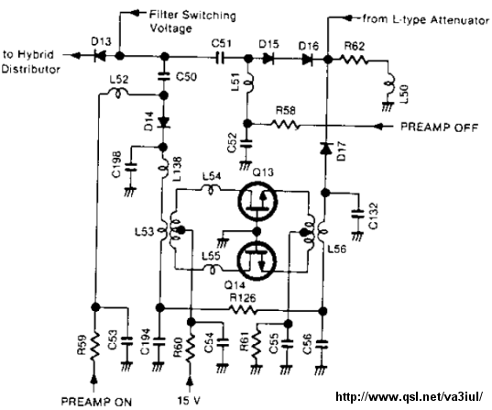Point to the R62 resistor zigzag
tap(355, 59)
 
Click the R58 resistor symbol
tap(284, 125)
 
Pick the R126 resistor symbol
tap(244, 310)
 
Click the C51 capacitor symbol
tap(221, 58)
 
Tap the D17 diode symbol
tap(325, 149)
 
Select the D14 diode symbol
tap(163, 122)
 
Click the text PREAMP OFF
tap(439, 127)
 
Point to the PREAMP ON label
tap(96, 402)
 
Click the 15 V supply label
tap(189, 401)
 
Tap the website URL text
tap(409, 396)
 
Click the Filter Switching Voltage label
tap(192, 21)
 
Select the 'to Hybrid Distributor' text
tap(30, 61)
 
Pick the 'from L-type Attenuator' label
tap(425, 19)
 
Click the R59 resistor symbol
tap(93, 346)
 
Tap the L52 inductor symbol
tap(118, 93)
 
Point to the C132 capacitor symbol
tap(357, 215)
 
